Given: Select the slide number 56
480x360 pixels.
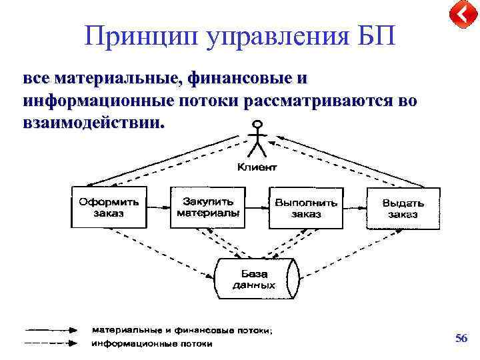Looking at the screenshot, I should pyautogui.click(x=461, y=339).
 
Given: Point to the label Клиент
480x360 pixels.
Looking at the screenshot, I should pyautogui.click(x=257, y=167).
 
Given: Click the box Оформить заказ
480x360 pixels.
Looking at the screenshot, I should pyautogui.click(x=109, y=207).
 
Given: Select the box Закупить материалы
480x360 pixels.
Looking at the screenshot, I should pyautogui.click(x=207, y=207).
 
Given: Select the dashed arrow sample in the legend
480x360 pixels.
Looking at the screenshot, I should pyautogui.click(x=51, y=344).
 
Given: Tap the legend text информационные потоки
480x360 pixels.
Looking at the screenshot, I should pyautogui.click(x=152, y=344).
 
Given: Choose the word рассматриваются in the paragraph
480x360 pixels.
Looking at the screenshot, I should pyautogui.click(x=322, y=101).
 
